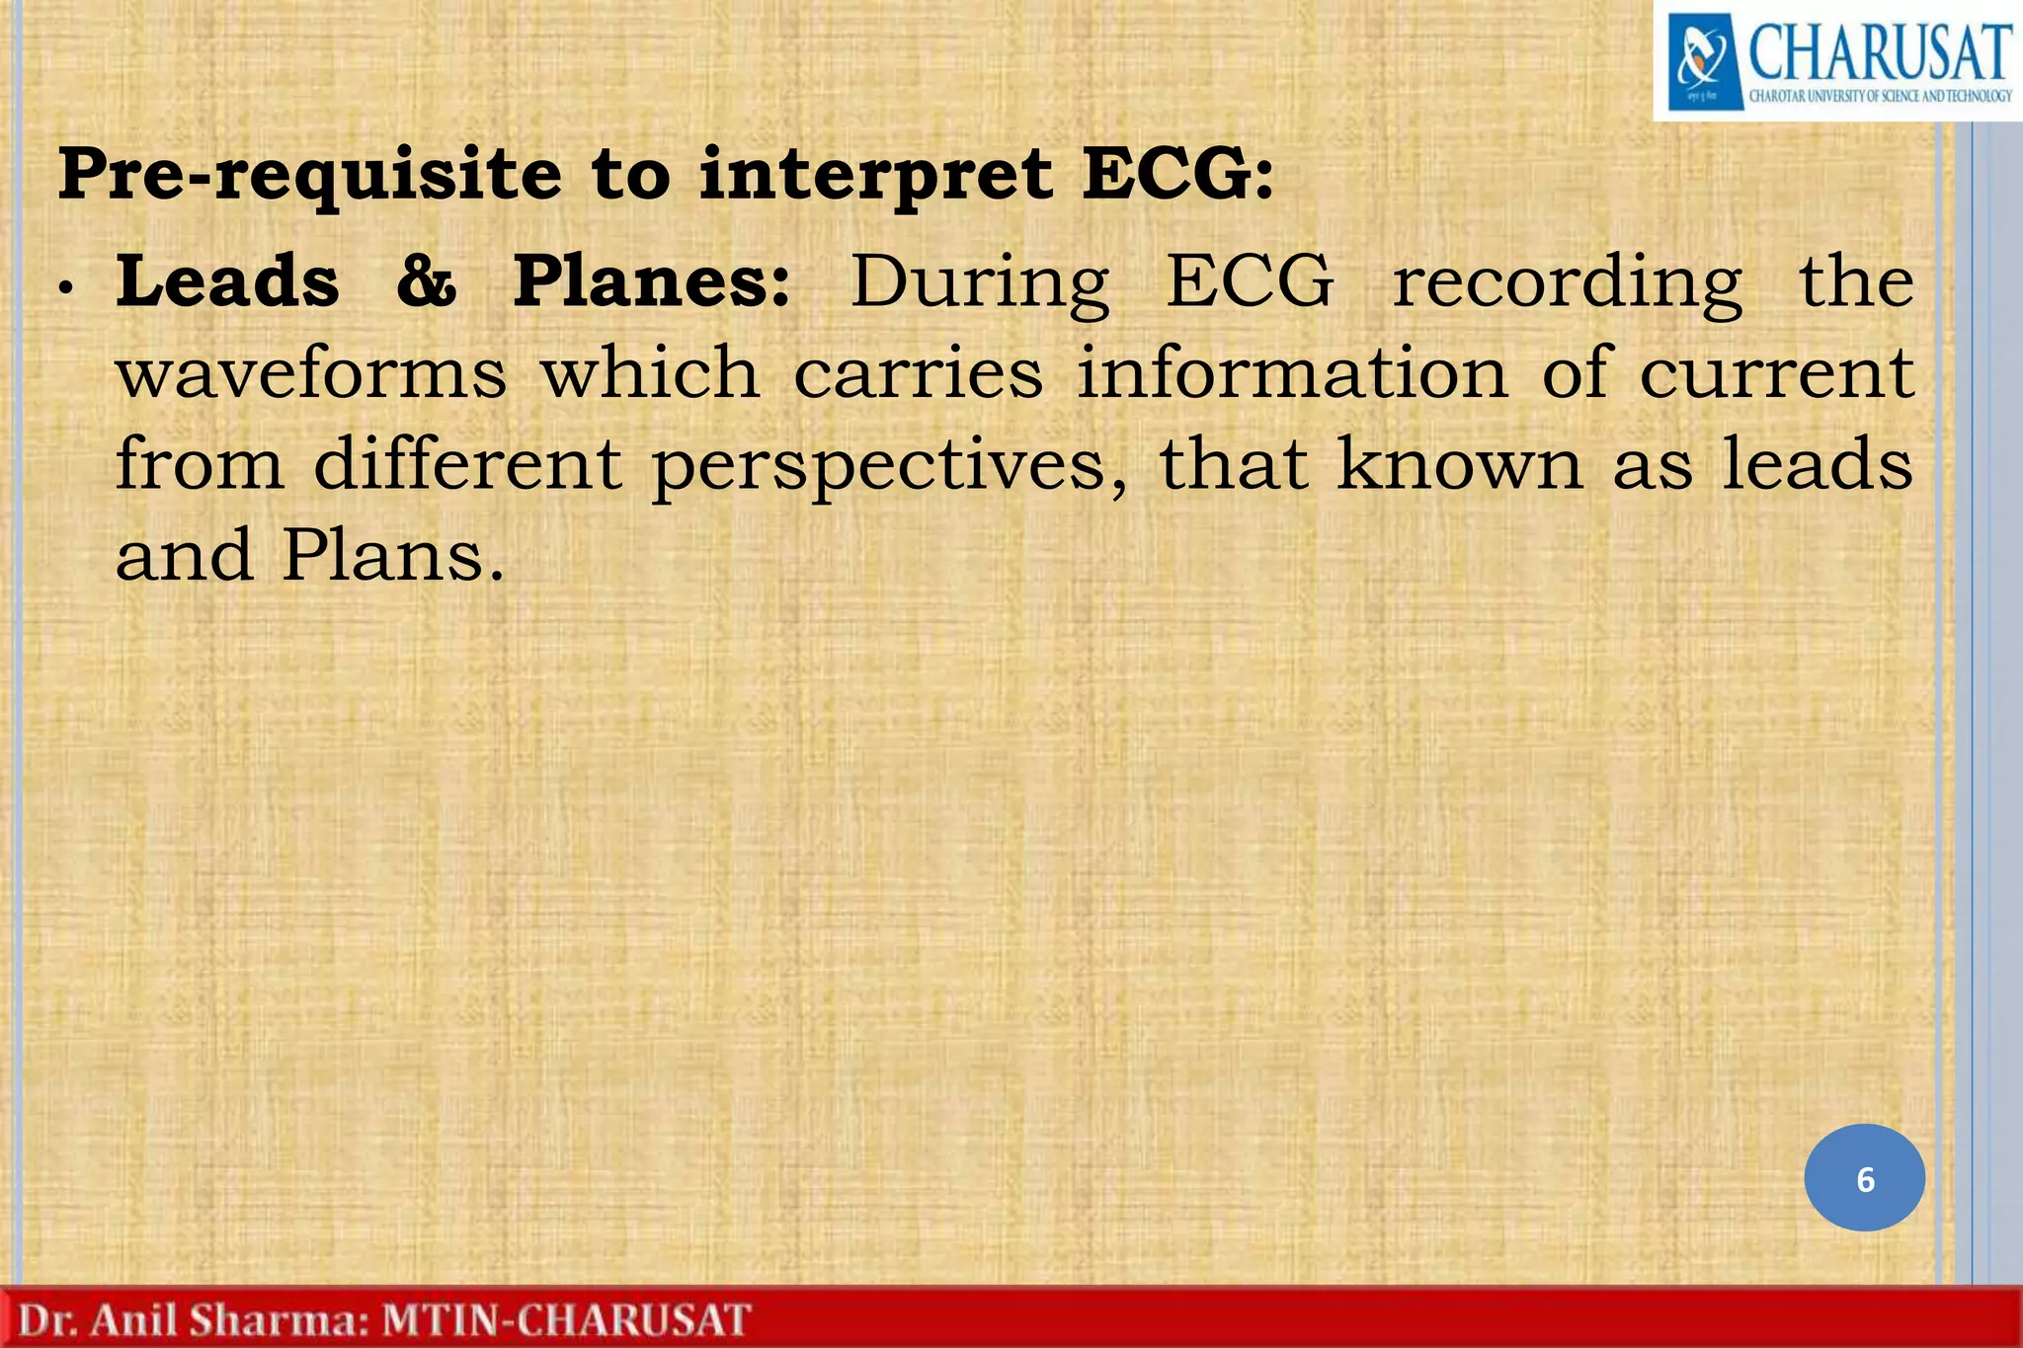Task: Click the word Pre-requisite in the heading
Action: click(309, 175)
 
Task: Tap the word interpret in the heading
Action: click(875, 175)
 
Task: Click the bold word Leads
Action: click(227, 281)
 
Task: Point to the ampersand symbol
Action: click(426, 281)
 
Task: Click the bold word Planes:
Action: click(652, 281)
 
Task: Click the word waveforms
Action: click(311, 373)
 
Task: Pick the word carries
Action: click(918, 373)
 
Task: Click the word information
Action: click(1292, 373)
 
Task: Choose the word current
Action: click(1776, 373)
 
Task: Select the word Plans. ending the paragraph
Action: click(393, 555)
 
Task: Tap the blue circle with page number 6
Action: click(1864, 1178)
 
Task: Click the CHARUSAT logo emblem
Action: click(1704, 61)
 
